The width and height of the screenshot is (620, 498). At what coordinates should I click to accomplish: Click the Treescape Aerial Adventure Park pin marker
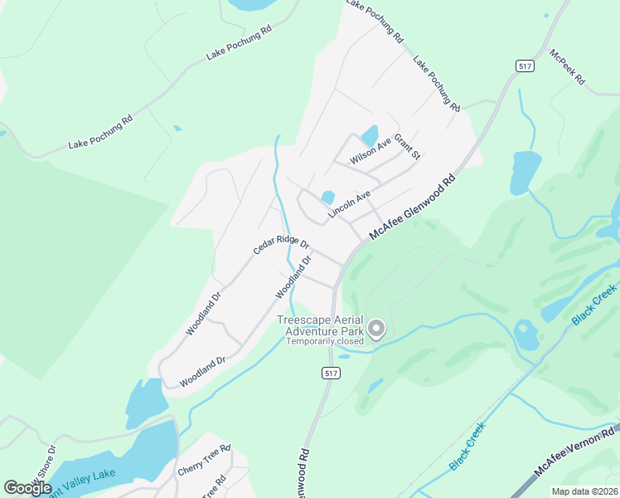coord(376,329)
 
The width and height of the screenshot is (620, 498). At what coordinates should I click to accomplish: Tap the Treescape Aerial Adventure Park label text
coord(322,325)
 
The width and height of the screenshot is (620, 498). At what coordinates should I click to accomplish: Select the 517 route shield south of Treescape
coord(332,374)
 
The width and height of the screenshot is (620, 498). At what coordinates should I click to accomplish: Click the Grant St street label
coord(408,148)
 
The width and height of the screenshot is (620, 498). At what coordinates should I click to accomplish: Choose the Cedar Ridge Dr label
coord(281,247)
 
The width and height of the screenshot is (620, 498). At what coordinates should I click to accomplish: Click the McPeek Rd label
coord(567,67)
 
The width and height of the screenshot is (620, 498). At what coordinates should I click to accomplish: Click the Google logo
coord(27,488)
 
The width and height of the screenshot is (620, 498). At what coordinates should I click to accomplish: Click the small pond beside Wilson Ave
coord(369,134)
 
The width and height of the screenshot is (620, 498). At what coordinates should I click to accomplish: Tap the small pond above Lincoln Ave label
coord(328,198)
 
